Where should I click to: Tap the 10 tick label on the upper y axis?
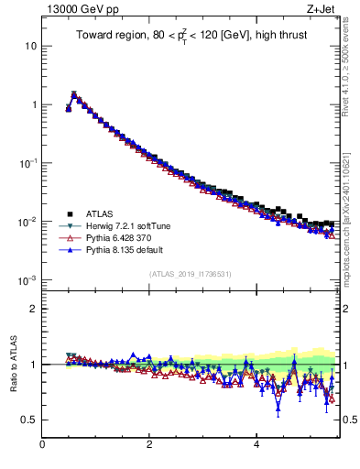click(x=28, y=46)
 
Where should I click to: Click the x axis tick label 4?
click(x=256, y=445)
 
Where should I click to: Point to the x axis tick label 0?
click(x=42, y=445)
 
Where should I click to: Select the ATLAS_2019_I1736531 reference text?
click(x=191, y=274)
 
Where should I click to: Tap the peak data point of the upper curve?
click(x=74, y=93)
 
